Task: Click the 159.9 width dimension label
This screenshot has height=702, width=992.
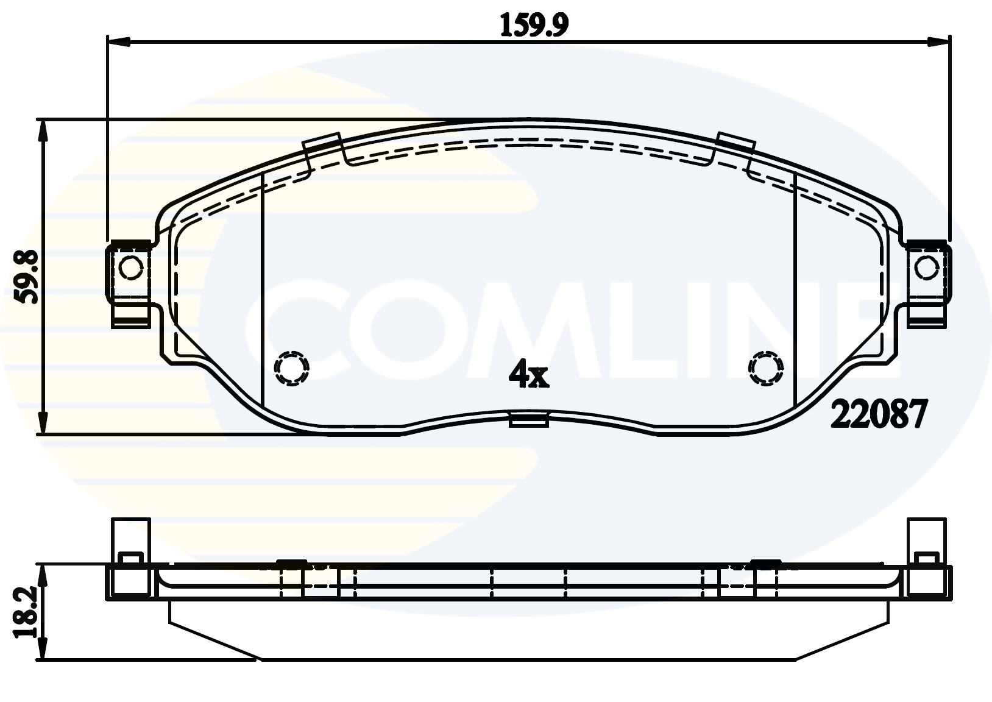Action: pos(534,25)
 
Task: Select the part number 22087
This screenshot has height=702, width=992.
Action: pos(879,416)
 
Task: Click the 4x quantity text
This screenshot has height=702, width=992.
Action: pos(529,374)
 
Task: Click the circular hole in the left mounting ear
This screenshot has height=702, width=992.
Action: pos(131,267)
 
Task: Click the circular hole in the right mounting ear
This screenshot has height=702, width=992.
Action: pos(926,267)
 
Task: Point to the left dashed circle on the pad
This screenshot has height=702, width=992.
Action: pos(292,367)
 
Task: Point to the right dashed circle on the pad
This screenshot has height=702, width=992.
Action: pos(766,367)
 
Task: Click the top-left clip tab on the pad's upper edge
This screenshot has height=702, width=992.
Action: pos(322,144)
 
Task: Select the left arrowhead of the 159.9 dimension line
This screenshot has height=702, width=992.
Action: pos(119,42)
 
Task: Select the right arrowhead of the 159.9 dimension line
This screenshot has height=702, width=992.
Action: pos(938,42)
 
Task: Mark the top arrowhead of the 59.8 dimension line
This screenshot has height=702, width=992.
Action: pos(42,131)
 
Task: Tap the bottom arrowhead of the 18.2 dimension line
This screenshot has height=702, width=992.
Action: pos(42,649)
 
